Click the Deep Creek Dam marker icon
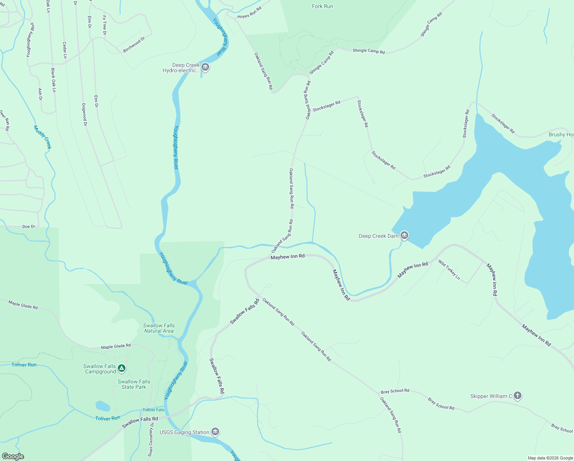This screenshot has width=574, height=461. [404, 235]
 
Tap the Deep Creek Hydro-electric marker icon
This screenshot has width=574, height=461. [205, 68]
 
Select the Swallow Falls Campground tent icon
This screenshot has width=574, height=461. [122, 369]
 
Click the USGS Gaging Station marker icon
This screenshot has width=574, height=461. [215, 432]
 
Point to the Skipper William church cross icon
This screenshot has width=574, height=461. [517, 396]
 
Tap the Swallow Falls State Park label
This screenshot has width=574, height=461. [134, 384]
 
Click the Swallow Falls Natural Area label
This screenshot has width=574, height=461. [159, 328]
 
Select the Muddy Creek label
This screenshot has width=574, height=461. [43, 137]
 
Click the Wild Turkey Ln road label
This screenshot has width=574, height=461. [449, 270]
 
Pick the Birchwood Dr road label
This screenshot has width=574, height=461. [134, 45]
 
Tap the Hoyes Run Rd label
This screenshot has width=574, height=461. [249, 13]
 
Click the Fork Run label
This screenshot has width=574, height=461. [322, 6]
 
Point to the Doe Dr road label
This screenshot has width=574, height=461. [29, 227]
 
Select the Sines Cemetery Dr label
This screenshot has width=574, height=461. [151, 439]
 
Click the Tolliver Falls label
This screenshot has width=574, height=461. [153, 410]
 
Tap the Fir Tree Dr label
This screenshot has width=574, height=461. [104, 25]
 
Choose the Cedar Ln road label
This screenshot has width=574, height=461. [65, 50]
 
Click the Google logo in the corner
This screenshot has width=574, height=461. [13, 456]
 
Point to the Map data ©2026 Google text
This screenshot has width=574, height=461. [550, 458]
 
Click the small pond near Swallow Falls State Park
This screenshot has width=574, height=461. [102, 406]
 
